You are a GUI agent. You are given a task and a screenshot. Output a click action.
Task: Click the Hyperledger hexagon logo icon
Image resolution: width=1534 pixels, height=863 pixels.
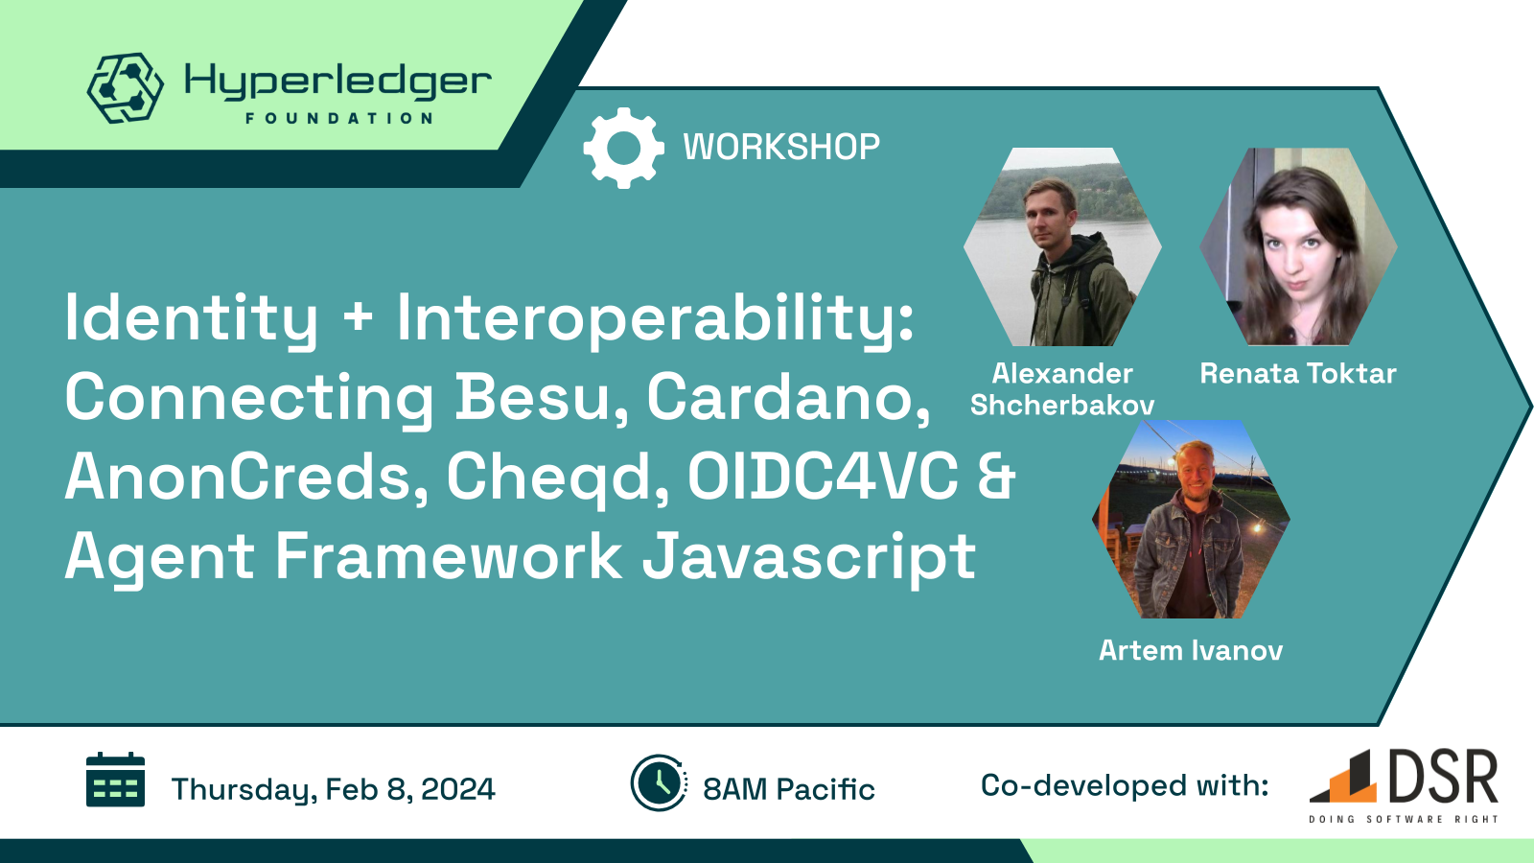[x=126, y=87]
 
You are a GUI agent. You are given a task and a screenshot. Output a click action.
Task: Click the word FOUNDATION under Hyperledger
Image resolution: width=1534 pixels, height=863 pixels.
[x=339, y=119]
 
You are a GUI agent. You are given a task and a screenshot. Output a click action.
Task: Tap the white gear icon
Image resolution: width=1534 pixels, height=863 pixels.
[x=623, y=148]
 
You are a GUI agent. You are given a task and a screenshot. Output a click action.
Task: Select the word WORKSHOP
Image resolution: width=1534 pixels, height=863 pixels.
[x=781, y=148]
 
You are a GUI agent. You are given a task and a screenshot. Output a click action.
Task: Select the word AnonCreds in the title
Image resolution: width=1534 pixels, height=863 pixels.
[x=247, y=477]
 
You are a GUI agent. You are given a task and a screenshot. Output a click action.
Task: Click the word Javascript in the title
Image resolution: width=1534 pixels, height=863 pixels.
[x=809, y=557]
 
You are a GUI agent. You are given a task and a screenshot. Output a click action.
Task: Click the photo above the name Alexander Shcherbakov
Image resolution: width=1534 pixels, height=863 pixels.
[x=1063, y=246]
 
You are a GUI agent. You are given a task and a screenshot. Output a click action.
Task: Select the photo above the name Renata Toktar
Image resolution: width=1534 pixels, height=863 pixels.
[x=1298, y=246]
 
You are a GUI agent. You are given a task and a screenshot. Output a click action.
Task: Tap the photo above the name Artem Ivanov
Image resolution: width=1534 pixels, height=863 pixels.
[x=1191, y=519]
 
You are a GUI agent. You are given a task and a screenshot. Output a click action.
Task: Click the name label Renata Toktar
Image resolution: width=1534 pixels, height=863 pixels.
[x=1298, y=374]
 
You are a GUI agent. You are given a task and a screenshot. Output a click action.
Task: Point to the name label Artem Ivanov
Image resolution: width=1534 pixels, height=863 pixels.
[x=1191, y=650]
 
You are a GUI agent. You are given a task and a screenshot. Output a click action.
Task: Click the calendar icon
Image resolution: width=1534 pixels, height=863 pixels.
[x=115, y=780]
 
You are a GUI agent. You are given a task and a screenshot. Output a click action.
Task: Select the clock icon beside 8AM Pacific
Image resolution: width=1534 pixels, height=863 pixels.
[x=659, y=782]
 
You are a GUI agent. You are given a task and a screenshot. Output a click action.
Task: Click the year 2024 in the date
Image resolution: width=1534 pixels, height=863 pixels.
[x=457, y=789]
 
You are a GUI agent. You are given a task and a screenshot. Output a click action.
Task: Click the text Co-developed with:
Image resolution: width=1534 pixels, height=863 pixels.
[x=1125, y=785]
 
